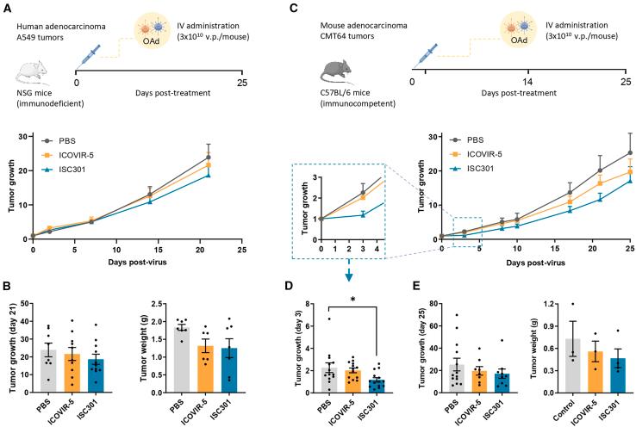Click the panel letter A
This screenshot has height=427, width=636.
(8, 8)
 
